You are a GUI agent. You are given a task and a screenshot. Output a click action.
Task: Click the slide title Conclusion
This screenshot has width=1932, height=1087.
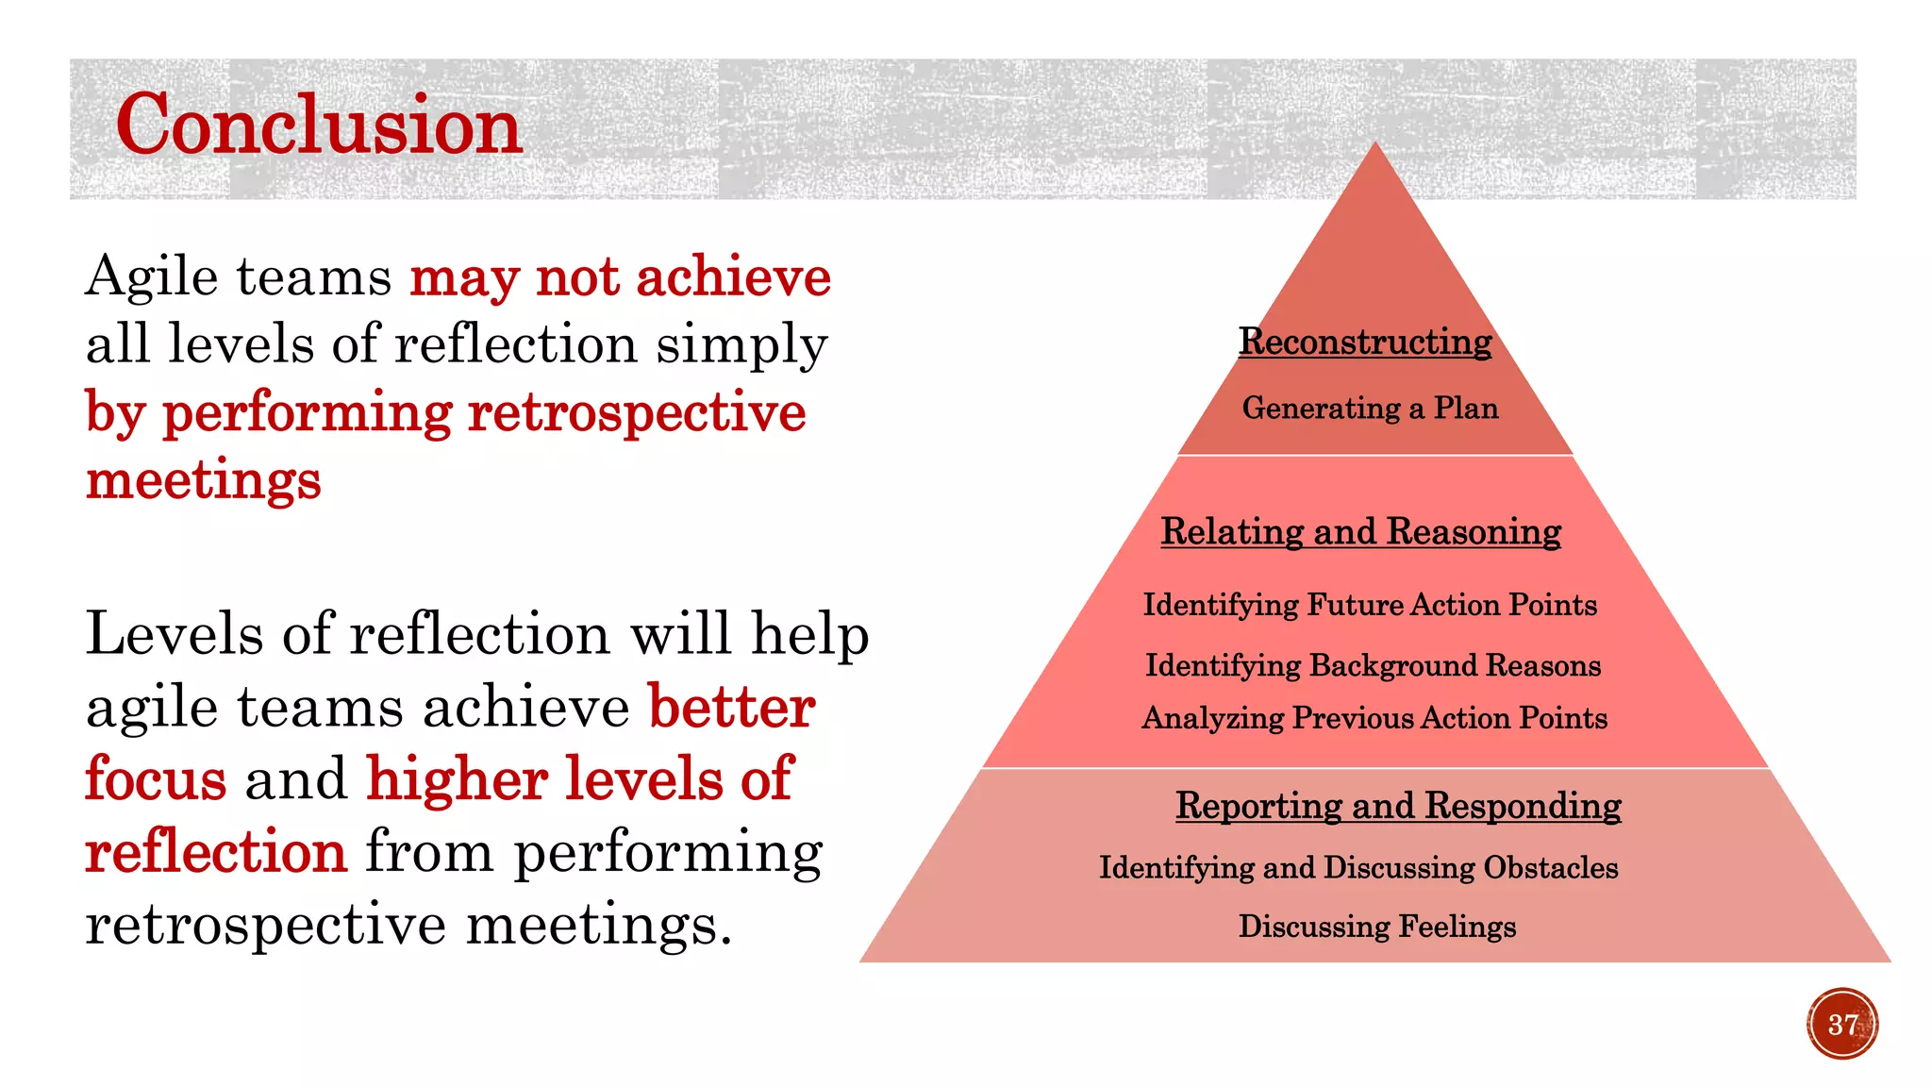tap(318, 125)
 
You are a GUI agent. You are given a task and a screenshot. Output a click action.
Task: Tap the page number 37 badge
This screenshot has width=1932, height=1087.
tap(1842, 1024)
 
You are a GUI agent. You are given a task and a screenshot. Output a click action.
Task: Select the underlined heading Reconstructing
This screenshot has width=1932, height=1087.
tap(1365, 342)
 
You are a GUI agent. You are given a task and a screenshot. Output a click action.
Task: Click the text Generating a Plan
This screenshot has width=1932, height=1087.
tap(1370, 408)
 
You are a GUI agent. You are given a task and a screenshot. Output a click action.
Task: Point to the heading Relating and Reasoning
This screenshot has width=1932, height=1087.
tap(1360, 531)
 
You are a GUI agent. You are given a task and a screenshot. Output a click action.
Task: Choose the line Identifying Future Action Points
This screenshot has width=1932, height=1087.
tap(1370, 605)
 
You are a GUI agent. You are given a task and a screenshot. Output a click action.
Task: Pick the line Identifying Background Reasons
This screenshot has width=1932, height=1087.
tap(1373, 665)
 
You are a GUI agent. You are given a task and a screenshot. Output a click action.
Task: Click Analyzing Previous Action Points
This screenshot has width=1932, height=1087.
tap(1374, 718)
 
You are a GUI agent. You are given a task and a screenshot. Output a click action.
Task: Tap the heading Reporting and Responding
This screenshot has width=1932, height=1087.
tap(1398, 806)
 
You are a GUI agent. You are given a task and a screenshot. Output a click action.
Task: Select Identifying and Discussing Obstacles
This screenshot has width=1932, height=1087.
tap(1358, 867)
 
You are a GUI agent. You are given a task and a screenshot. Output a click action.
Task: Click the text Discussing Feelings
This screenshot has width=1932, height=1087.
tap(1377, 927)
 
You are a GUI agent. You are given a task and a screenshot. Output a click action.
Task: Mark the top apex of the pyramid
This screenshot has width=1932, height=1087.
tap(1375, 144)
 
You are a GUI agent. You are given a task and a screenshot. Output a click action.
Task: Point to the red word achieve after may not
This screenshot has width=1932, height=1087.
tap(733, 277)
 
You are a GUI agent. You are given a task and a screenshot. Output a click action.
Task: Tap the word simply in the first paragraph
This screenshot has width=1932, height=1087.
tap(741, 345)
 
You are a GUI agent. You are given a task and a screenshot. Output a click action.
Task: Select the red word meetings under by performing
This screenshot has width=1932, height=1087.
tap(203, 479)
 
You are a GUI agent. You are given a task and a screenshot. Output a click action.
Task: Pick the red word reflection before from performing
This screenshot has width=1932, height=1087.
tap(216, 851)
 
